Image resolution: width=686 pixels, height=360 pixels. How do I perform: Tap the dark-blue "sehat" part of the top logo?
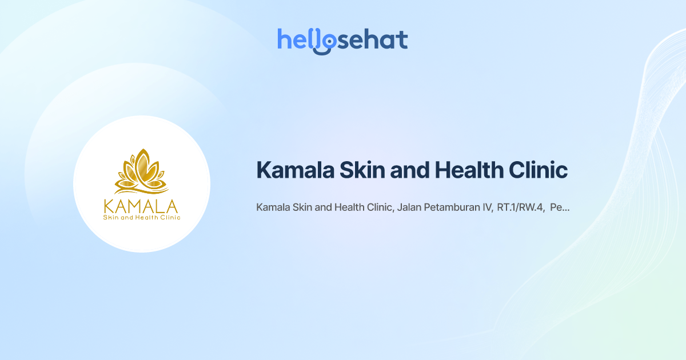(373, 39)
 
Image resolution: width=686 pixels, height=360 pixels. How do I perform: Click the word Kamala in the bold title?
(295, 170)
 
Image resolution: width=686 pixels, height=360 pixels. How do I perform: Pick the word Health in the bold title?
(469, 170)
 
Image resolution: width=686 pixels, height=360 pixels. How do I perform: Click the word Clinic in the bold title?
(538, 170)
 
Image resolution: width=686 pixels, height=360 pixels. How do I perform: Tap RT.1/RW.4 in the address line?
(521, 207)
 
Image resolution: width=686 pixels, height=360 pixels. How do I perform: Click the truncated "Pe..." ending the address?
(560, 207)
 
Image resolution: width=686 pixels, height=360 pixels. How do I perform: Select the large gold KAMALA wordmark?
(141, 206)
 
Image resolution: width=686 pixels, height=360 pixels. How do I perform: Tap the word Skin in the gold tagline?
(110, 217)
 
